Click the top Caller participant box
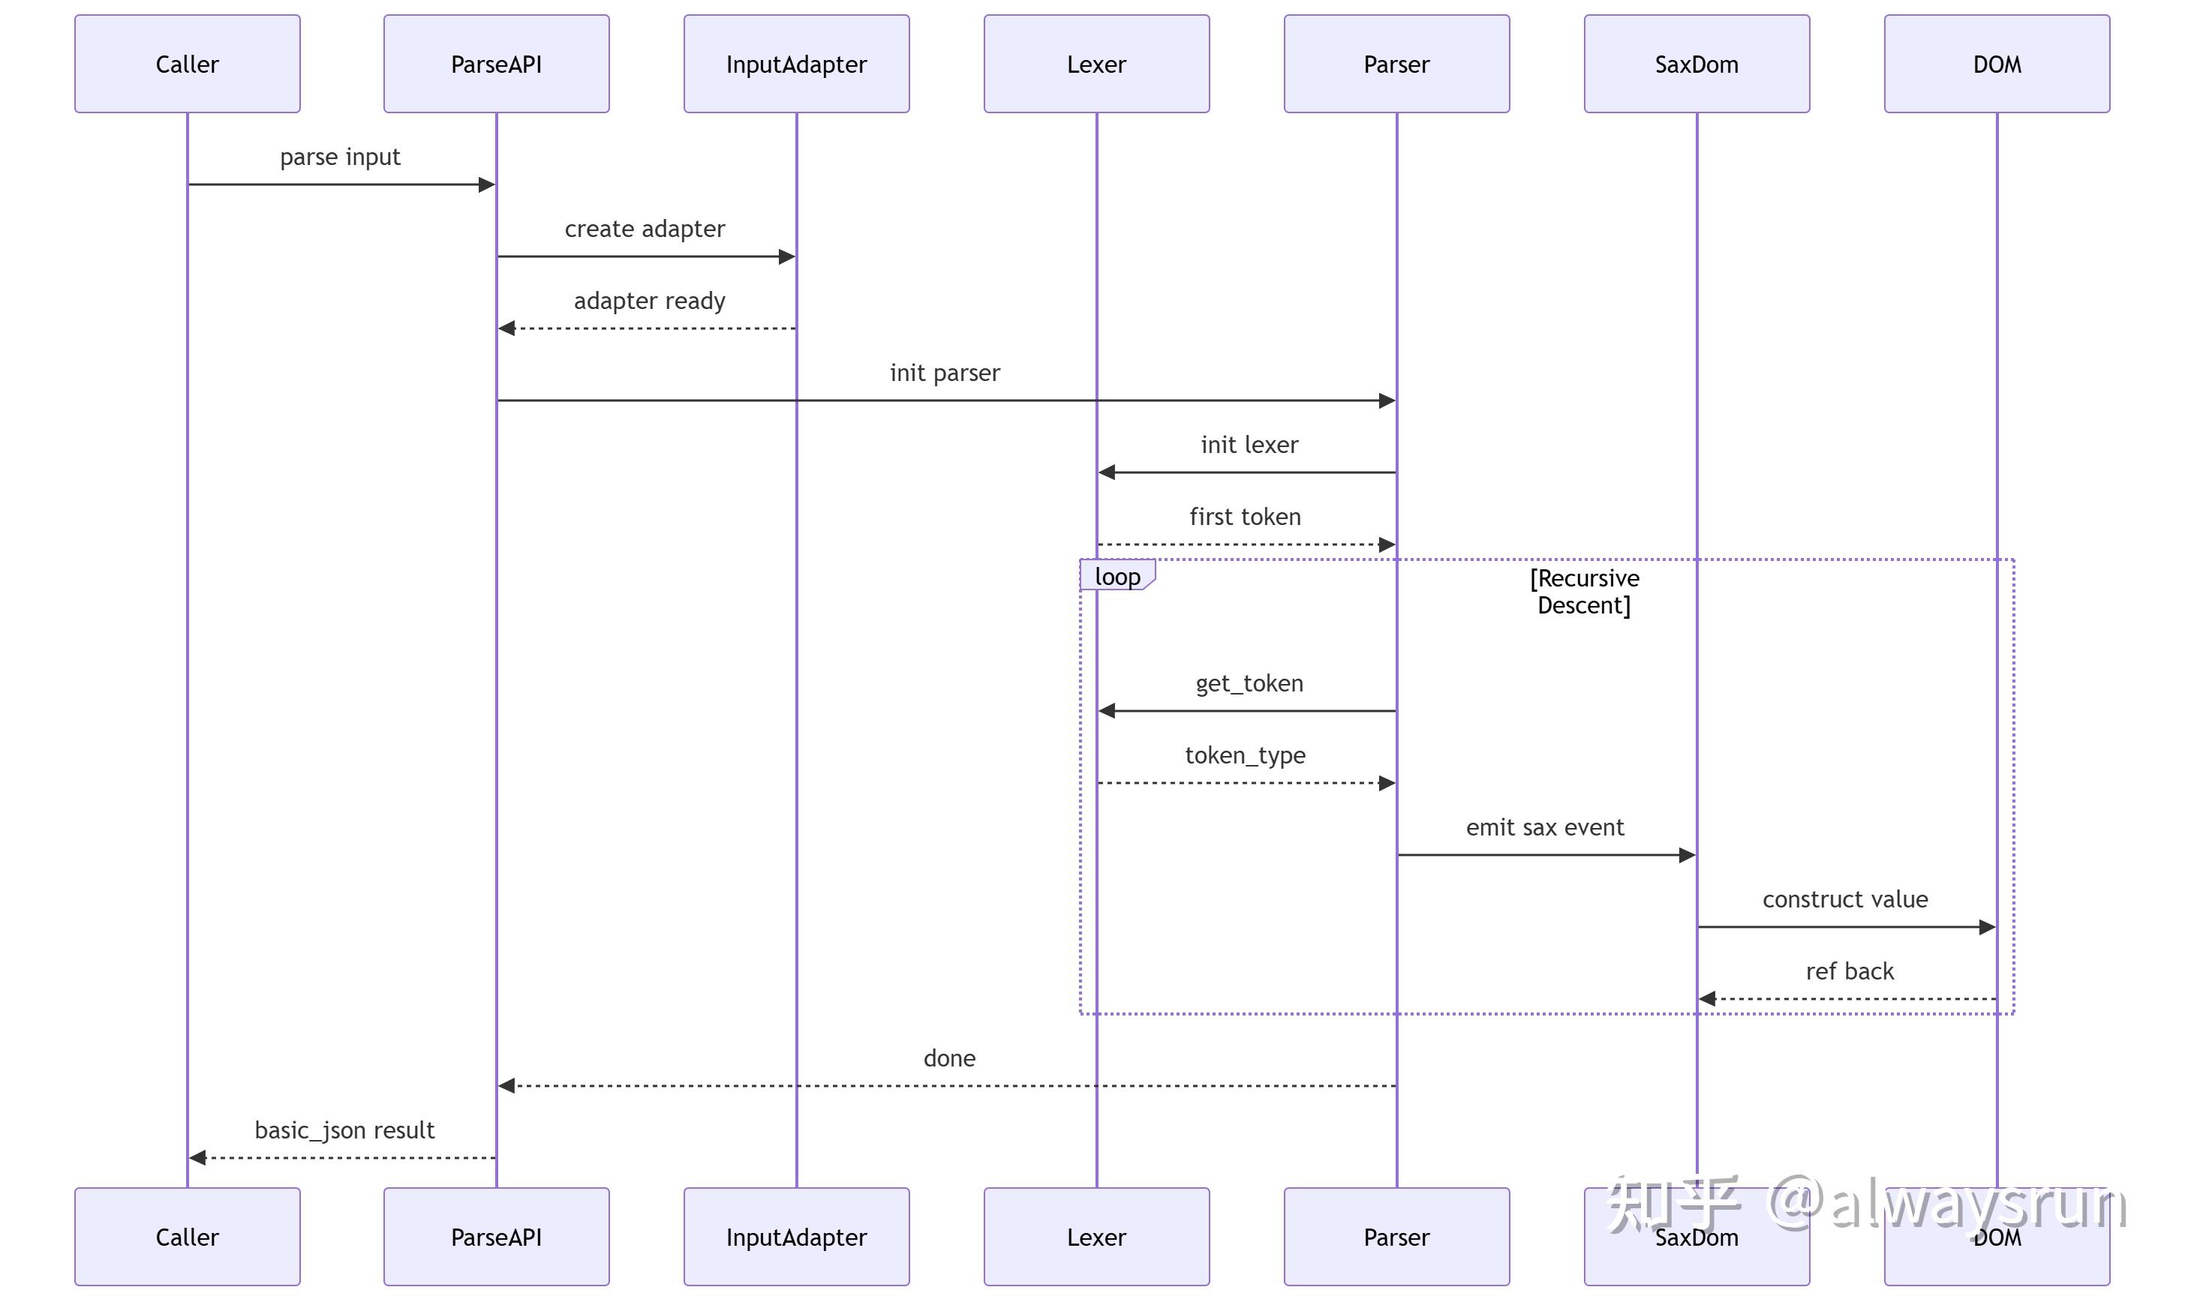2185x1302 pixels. pyautogui.click(x=187, y=63)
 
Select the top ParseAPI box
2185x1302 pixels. pyautogui.click(x=496, y=63)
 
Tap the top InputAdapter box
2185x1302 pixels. pyautogui.click(x=796, y=63)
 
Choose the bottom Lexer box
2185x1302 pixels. pyautogui.click(x=1096, y=1236)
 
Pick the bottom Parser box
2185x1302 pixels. pyautogui.click(x=1396, y=1236)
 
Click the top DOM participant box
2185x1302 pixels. pyautogui.click(x=1997, y=63)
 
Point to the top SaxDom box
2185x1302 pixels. pyautogui.click(x=1697, y=63)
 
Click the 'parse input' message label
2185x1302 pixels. pyautogui.click(x=340, y=157)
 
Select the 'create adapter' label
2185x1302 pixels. pyautogui.click(x=645, y=229)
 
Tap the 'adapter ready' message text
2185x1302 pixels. pyautogui.click(x=649, y=301)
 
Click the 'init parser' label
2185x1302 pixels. pyautogui.click(x=944, y=373)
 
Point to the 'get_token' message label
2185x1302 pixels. pyautogui.click(x=1249, y=683)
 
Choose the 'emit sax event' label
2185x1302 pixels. pyautogui.click(x=1544, y=827)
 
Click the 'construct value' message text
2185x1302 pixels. pyautogui.click(x=1844, y=899)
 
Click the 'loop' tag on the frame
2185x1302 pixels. pyautogui.click(x=1117, y=575)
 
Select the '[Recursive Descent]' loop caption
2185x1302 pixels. pyautogui.click(x=1584, y=591)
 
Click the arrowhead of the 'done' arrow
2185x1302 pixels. pyautogui.click(x=506, y=1085)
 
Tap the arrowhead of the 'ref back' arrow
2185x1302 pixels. pyautogui.click(x=1707, y=998)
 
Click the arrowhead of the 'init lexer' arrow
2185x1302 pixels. pyautogui.click(x=1107, y=472)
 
